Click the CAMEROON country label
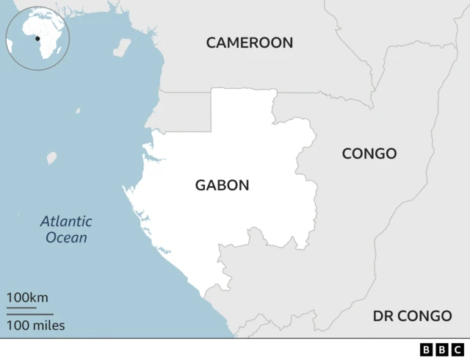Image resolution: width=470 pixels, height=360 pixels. [x=249, y=43]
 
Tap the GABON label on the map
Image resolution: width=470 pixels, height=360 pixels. [x=222, y=186]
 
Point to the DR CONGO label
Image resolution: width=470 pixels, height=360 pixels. [x=412, y=316]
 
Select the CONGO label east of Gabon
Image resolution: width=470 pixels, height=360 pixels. [x=369, y=154]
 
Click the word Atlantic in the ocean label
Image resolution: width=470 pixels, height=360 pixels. [x=66, y=221]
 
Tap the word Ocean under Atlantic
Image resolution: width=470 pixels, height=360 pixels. [x=66, y=237]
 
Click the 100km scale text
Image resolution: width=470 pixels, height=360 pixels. [x=27, y=298]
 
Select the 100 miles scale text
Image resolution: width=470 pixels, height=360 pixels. [x=36, y=325]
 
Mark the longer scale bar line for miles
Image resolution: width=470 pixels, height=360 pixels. [x=29, y=314]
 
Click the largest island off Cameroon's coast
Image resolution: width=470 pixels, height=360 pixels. [x=122, y=48]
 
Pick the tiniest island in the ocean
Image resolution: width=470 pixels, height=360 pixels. [x=78, y=112]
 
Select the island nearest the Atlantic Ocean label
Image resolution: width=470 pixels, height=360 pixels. [x=52, y=157]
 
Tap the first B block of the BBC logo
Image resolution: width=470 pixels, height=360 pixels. [x=427, y=349]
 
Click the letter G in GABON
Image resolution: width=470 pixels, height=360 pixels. [x=200, y=186]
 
